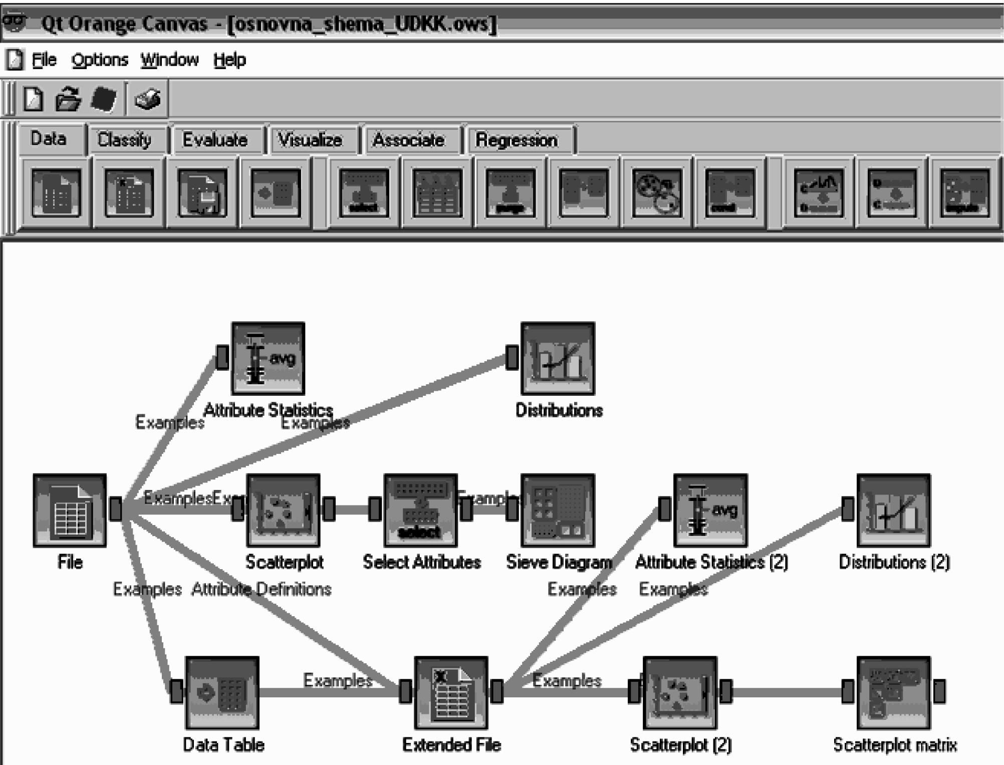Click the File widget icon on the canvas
coord(70,510)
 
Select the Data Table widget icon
coord(222,693)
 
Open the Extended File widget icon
coord(451,693)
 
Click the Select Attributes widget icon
coord(420,510)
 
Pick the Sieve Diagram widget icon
coord(558,510)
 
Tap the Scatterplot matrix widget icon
coord(893,693)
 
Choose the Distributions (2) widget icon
coord(893,510)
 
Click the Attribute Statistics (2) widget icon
coord(710,510)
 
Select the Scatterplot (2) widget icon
coord(680,693)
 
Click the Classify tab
coord(124,140)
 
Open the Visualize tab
coord(310,140)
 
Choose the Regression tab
coord(516,140)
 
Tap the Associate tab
coord(408,140)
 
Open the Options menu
coord(100,60)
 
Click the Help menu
coord(229,60)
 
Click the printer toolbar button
coord(147,99)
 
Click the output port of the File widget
coord(116,508)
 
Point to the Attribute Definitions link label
coord(261,589)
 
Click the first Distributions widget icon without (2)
coord(558,358)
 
